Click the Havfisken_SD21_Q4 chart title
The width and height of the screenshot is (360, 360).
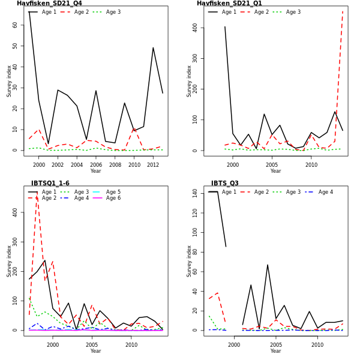[x=49, y=4]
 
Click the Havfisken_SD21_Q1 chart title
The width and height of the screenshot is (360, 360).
[x=229, y=4]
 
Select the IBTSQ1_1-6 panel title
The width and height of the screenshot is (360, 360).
[x=50, y=184]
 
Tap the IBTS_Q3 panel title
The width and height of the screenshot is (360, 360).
[x=224, y=184]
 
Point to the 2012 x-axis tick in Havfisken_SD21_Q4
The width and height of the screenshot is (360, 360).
[x=153, y=165]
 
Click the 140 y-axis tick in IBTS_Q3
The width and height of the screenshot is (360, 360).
[x=193, y=193]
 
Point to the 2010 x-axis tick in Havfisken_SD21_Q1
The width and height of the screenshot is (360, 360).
[x=311, y=165]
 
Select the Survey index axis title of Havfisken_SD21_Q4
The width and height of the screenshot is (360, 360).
[x=9, y=81]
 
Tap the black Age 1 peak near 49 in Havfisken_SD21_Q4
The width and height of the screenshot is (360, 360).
[x=153, y=48]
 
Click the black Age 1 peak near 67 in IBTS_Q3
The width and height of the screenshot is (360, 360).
[x=268, y=265]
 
